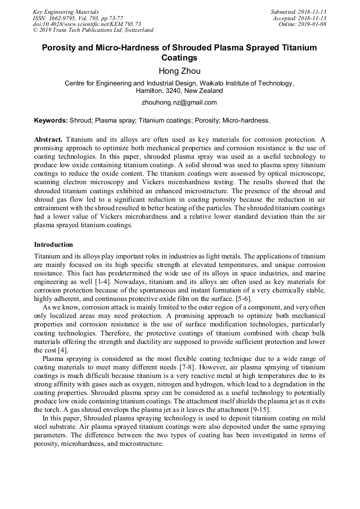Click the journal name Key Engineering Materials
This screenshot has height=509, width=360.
pyautogui.click(x=66, y=11)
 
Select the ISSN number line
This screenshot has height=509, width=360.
pyautogui.click(x=78, y=18)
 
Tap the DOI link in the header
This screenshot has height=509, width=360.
pyautogui.click(x=87, y=24)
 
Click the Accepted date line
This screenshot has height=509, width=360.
pyautogui.click(x=299, y=18)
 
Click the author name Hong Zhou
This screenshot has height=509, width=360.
pyautogui.click(x=179, y=71)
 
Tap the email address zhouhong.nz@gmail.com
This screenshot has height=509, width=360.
pyautogui.click(x=179, y=102)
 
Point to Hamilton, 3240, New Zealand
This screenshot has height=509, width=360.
pyautogui.click(x=179, y=91)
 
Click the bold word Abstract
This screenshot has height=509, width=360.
pyautogui.click(x=48, y=139)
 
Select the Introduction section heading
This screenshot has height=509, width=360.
pyautogui.click(x=54, y=245)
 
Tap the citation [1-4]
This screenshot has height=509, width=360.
pyautogui.click(x=104, y=282)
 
